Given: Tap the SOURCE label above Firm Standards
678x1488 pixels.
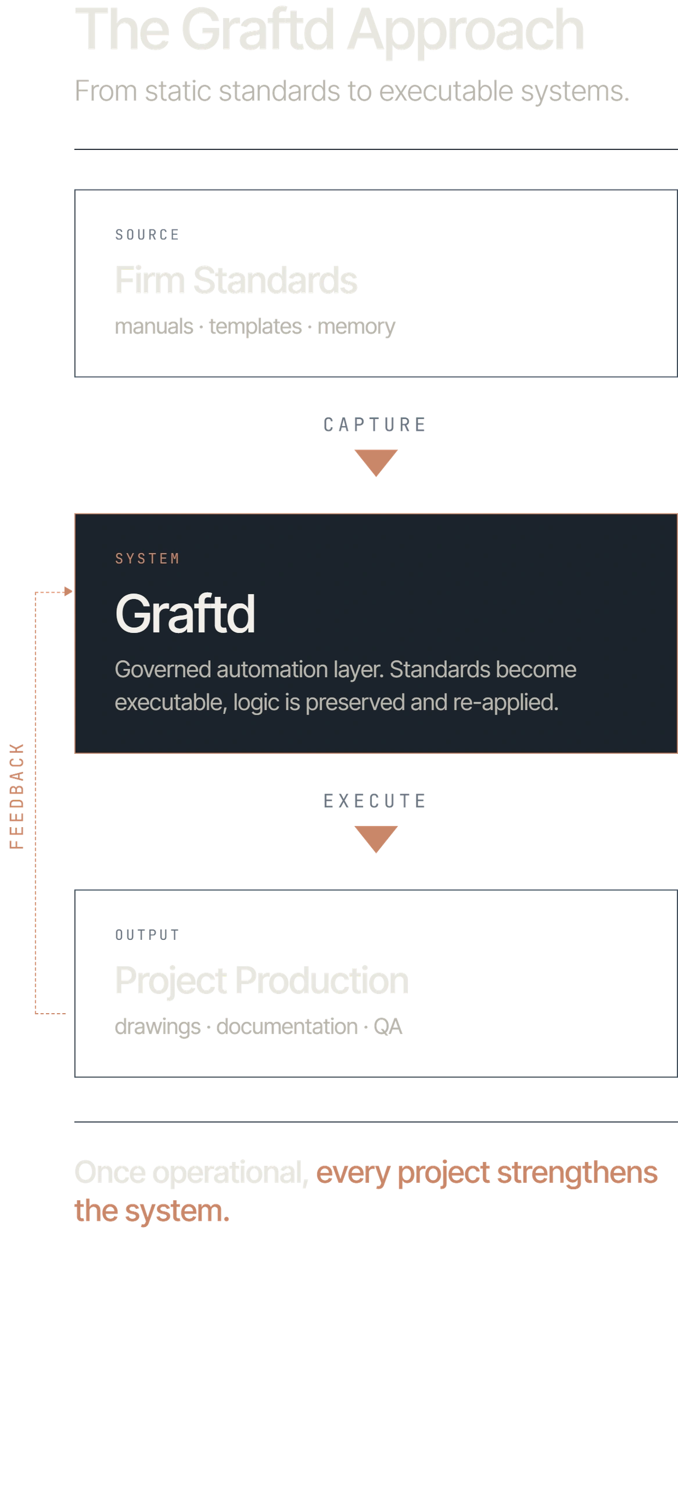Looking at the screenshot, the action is click(x=148, y=234).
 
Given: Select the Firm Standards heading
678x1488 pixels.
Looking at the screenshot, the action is click(x=236, y=280).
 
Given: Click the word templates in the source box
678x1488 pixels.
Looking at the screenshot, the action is click(x=255, y=327).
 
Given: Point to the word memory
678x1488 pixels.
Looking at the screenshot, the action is click(x=356, y=327).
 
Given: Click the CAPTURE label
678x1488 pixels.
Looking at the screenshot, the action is click(x=375, y=425).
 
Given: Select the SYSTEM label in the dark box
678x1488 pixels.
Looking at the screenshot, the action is click(x=148, y=559).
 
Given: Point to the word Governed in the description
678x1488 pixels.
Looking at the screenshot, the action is click(x=163, y=670).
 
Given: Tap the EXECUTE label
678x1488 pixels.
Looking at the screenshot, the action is click(x=375, y=801).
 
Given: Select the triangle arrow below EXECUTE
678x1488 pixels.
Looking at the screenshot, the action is click(x=376, y=839).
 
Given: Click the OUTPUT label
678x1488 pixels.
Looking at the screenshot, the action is click(x=148, y=935).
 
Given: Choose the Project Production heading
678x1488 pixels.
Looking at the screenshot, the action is click(x=262, y=981).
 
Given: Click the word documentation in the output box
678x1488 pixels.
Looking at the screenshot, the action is click(x=287, y=1026).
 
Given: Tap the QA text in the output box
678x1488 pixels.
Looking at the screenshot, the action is click(x=388, y=1026).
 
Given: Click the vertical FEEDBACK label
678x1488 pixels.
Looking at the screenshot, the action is click(x=17, y=796).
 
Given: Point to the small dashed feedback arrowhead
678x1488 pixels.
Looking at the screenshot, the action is click(x=68, y=592).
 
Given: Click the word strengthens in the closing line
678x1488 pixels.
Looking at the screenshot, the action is click(x=577, y=1172).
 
